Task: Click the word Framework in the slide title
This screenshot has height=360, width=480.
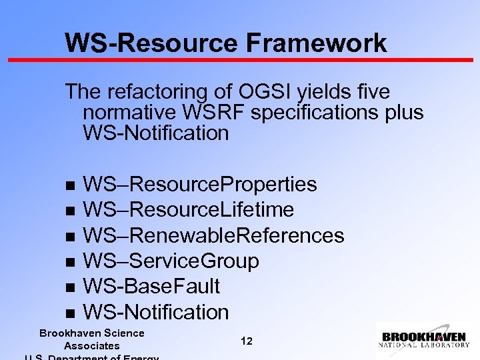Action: (316, 43)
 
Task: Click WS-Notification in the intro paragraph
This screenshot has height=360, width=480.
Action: (155, 133)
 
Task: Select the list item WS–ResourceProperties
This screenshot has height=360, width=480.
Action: (199, 184)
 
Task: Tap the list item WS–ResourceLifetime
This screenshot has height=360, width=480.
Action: (188, 210)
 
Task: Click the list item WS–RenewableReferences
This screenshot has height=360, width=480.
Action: (213, 235)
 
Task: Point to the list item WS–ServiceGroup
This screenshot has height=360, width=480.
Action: (171, 261)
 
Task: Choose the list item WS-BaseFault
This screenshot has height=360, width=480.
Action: (151, 287)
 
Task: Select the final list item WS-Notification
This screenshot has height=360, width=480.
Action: (155, 312)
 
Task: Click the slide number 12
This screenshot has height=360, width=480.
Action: (246, 341)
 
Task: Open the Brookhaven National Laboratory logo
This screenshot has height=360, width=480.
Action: (424, 340)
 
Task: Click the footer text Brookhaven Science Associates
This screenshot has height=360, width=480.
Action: (92, 339)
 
